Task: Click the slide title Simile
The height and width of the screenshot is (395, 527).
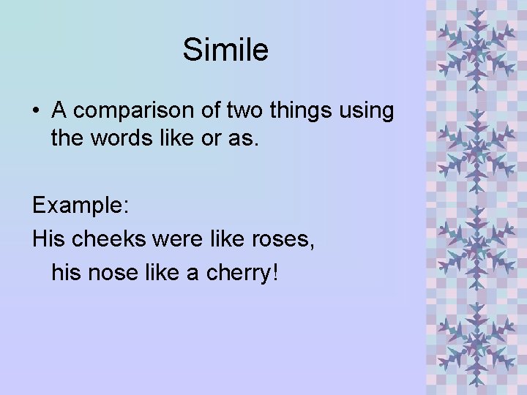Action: pos(225,50)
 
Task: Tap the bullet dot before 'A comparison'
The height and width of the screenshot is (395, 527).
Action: pos(36,112)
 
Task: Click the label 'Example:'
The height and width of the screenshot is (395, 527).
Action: pos(81,206)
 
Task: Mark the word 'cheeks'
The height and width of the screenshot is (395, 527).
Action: pos(105,238)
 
